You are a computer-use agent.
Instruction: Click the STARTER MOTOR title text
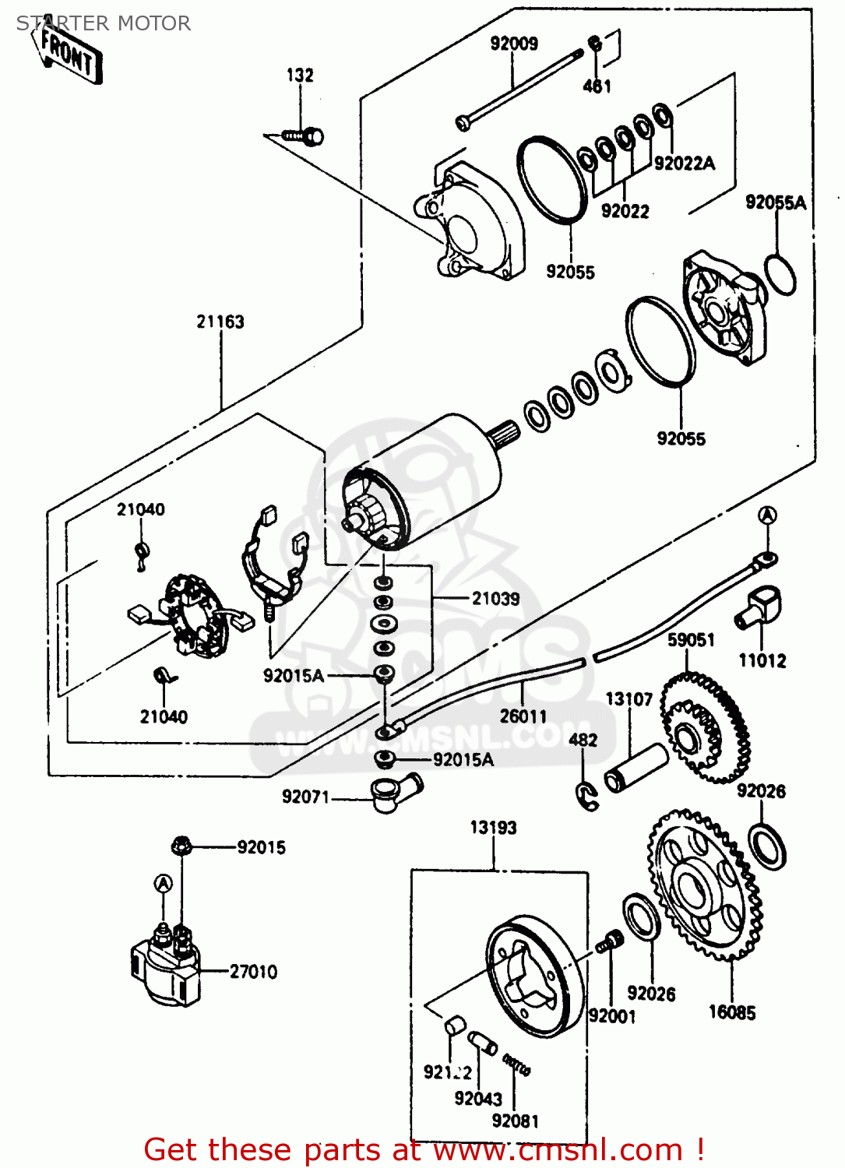[x=104, y=23]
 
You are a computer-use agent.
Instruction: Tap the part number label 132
[x=300, y=76]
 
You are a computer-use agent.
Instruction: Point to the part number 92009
[x=514, y=44]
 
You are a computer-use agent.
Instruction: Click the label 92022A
[x=684, y=164]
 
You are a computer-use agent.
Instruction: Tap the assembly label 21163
[x=220, y=322]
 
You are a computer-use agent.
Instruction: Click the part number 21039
[x=495, y=599]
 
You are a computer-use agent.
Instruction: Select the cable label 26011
[x=523, y=716]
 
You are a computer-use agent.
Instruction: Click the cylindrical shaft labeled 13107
[x=636, y=768]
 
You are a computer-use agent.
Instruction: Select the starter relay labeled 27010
[x=166, y=966]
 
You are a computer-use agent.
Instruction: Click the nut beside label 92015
[x=181, y=846]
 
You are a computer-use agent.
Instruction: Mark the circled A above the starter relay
[x=163, y=884]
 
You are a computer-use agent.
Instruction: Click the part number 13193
[x=493, y=828]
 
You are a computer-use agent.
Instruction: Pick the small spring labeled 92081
[x=516, y=1064]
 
